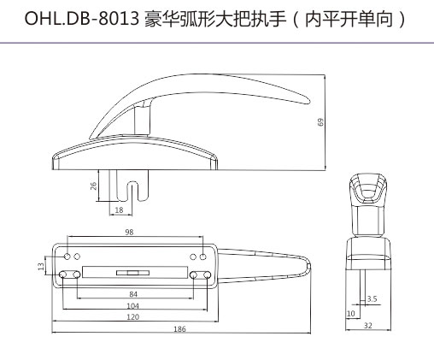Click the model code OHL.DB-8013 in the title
click(81, 20)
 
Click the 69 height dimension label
click(320, 122)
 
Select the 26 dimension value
click(93, 186)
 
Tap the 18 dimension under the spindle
click(119, 210)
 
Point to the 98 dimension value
click(129, 232)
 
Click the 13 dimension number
click(41, 267)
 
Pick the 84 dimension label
click(133, 294)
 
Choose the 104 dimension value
click(132, 306)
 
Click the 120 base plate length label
click(132, 316)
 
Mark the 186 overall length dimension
click(179, 329)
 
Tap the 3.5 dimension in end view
click(372, 298)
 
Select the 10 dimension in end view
click(351, 313)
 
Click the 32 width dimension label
click(368, 325)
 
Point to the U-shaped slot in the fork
click(132, 191)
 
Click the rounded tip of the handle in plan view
click(308, 265)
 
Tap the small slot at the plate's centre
click(132, 273)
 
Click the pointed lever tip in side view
click(307, 101)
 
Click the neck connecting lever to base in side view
click(142, 119)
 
